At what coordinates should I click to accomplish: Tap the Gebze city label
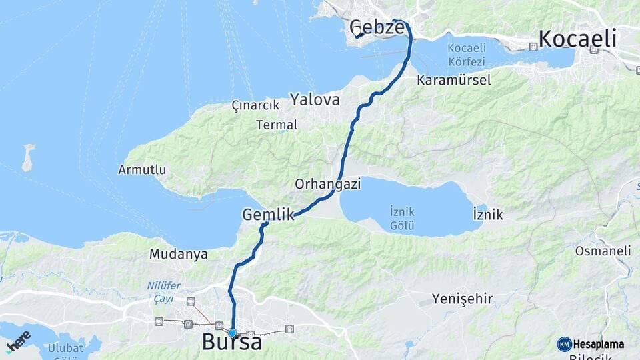(x=377, y=28)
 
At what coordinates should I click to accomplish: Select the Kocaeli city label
(x=577, y=39)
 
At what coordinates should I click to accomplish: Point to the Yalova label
(x=315, y=100)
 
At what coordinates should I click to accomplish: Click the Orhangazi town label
(x=327, y=184)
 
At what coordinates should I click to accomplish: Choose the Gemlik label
(x=268, y=215)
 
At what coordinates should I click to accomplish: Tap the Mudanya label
(x=178, y=254)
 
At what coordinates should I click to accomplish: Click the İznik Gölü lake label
(x=402, y=219)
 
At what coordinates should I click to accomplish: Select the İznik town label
(x=487, y=215)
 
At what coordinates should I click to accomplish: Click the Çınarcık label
(x=253, y=105)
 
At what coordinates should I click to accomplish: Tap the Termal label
(x=277, y=125)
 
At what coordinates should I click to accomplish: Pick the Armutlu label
(x=142, y=170)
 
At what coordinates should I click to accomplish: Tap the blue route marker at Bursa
(x=232, y=333)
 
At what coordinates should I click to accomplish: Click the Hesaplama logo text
(x=598, y=345)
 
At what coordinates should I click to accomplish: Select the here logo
(x=18, y=341)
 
